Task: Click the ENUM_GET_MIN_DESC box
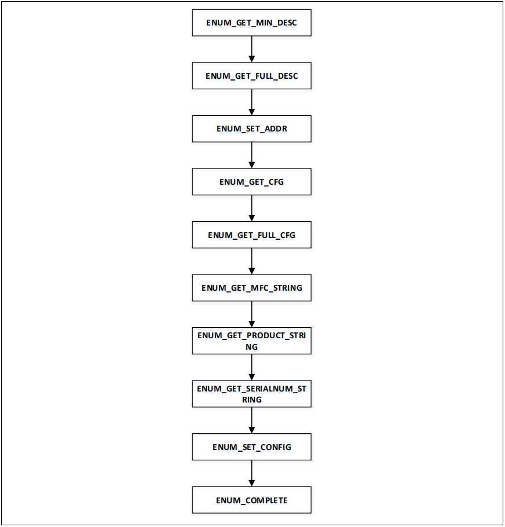coord(251,23)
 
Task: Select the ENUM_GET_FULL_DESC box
coord(251,76)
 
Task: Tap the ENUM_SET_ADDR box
coord(251,129)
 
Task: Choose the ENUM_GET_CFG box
coord(251,182)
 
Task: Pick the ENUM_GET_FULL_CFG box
coord(251,235)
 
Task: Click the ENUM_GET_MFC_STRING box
coord(251,288)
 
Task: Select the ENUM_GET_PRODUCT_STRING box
coord(251,341)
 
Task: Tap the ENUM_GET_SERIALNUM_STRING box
coord(251,394)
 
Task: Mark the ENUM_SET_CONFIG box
coord(251,447)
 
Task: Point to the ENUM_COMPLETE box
coord(251,500)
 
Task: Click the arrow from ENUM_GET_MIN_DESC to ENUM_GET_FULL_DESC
coord(251,50)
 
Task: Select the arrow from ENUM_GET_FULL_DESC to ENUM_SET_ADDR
coord(251,103)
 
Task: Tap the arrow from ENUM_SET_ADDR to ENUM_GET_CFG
coord(251,155)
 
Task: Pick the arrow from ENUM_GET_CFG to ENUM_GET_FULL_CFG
coord(251,208)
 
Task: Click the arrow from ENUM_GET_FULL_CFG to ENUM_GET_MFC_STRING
coord(251,261)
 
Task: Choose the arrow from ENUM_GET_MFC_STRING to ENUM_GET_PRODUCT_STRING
coord(251,314)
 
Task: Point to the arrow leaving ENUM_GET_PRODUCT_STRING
coord(251,367)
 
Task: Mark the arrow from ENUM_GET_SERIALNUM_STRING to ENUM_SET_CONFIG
coord(251,420)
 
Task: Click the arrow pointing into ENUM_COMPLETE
coord(251,474)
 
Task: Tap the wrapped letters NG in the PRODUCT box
coord(251,347)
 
